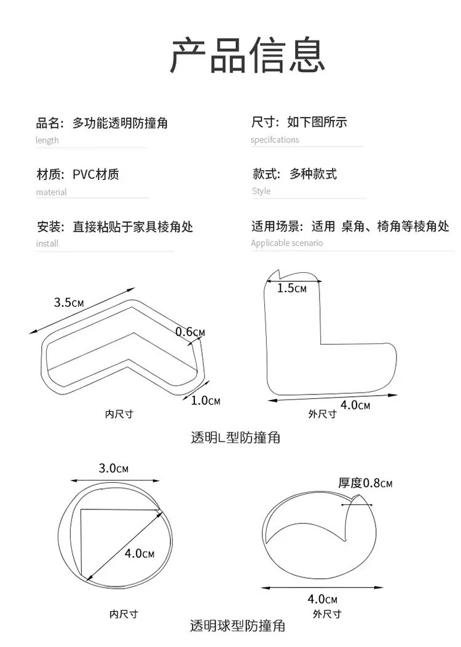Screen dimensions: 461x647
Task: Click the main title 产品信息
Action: pos(247,55)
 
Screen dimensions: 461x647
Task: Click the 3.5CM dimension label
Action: pos(69,302)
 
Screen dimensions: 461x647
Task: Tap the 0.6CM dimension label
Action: pos(190,332)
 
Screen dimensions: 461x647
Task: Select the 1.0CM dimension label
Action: pos(205,401)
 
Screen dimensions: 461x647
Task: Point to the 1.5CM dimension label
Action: pos(291,288)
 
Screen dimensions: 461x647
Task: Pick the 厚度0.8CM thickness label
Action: pos(364,483)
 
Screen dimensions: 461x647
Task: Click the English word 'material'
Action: pos(51,192)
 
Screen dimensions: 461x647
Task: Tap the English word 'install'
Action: pos(47,243)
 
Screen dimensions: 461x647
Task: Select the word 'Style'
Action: pos(261,191)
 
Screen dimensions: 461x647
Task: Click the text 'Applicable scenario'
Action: pos(286,243)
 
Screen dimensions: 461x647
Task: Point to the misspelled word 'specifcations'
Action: pos(275,140)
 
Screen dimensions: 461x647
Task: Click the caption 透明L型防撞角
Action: pos(235,438)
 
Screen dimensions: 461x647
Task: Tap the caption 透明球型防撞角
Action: pos(237,627)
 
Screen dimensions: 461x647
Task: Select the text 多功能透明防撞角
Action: pos(120,123)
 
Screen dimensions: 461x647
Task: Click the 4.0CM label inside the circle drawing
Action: pos(140,554)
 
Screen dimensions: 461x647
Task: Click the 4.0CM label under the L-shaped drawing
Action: pos(355,406)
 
